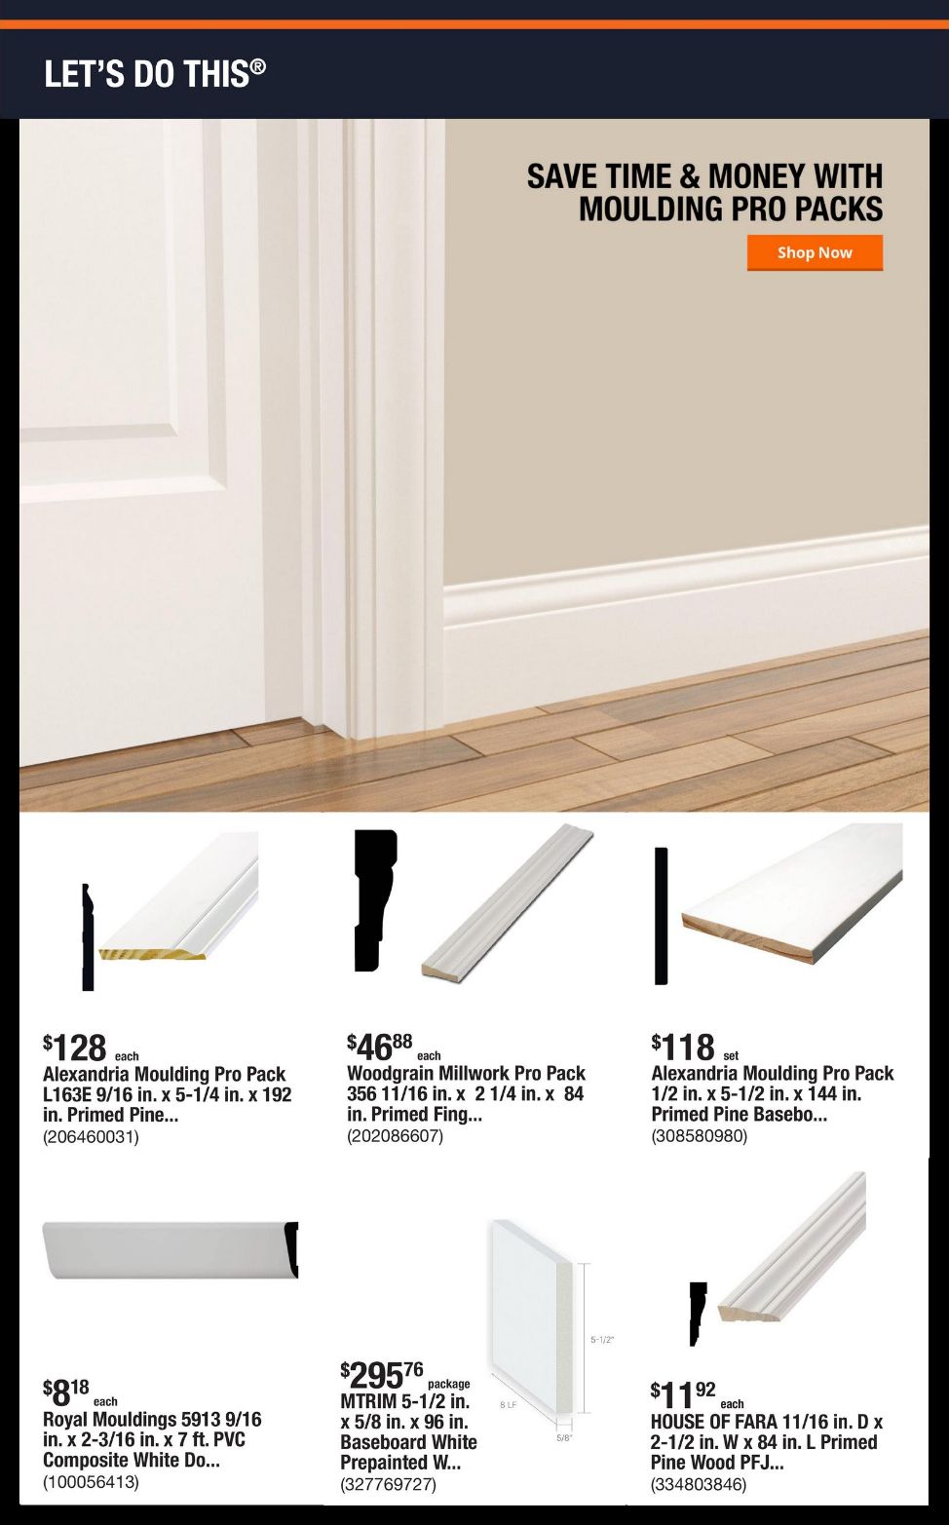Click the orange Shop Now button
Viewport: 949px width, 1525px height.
point(815,252)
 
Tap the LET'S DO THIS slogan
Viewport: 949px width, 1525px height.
point(155,73)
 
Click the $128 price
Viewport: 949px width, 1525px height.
point(74,1048)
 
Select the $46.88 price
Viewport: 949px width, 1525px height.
point(379,1047)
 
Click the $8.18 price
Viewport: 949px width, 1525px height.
point(65,1392)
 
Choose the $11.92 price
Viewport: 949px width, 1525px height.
point(683,1394)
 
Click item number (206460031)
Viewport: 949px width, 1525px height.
point(91,1137)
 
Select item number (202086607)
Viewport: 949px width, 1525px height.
point(395,1136)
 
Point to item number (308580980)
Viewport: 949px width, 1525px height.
point(700,1136)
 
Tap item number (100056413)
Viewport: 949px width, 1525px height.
point(91,1482)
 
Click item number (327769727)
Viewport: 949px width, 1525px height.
point(388,1484)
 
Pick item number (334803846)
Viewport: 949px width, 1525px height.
point(699,1484)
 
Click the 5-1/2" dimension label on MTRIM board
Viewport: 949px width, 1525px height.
point(602,1340)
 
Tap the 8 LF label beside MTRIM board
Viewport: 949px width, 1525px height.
point(509,1404)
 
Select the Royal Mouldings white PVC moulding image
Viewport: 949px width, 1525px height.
point(171,1250)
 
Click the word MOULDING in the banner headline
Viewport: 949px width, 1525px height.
point(651,209)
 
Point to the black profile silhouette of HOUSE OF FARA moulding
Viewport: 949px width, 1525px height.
point(697,1314)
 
